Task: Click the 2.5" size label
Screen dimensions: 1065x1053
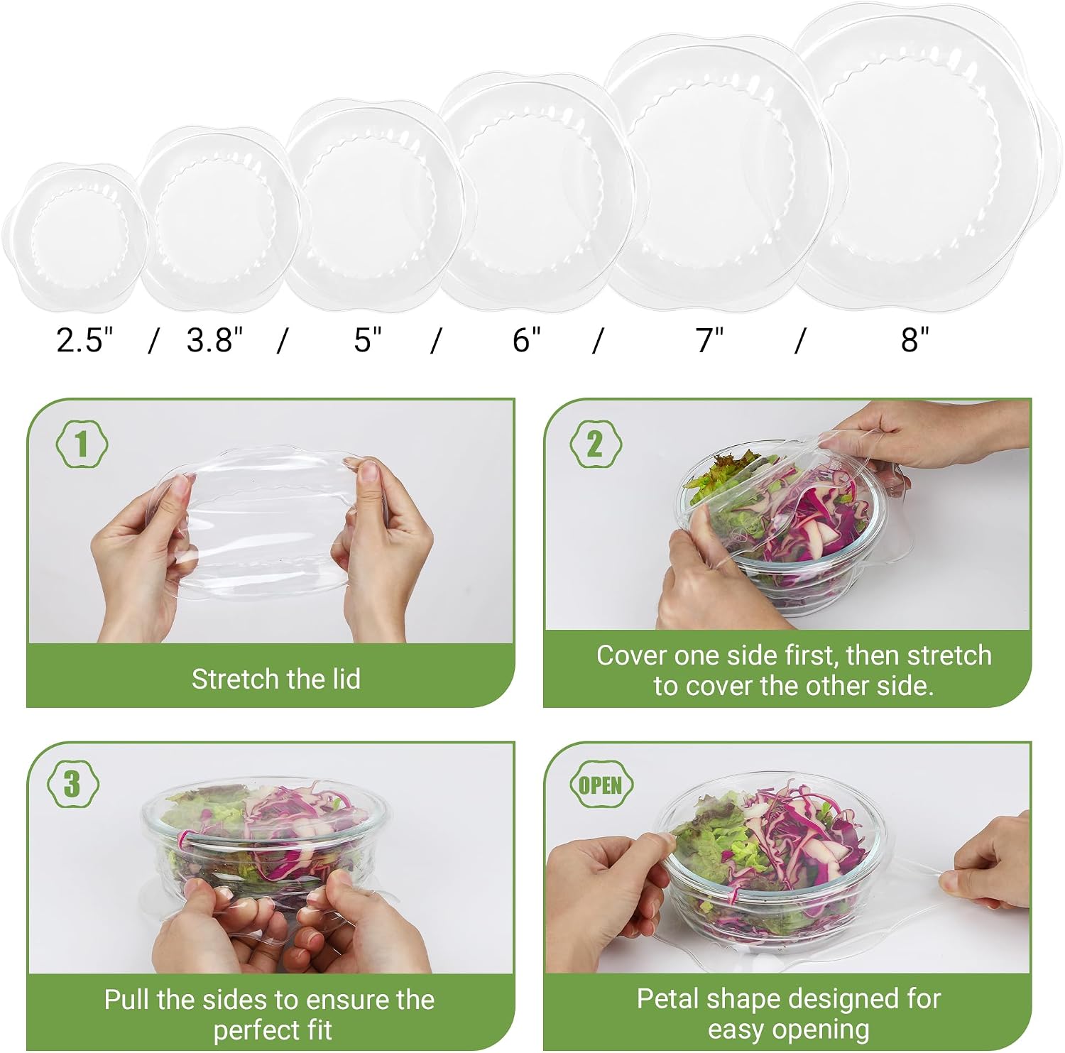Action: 85,340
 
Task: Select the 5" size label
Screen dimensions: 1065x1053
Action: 368,340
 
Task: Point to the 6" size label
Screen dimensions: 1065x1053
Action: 526,340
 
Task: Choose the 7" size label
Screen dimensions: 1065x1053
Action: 709,340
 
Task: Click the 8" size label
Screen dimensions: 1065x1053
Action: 914,340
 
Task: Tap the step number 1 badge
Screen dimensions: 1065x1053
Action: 82,444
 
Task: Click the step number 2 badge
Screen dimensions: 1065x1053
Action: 596,444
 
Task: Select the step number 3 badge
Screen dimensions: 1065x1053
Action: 72,785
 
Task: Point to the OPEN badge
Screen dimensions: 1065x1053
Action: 601,785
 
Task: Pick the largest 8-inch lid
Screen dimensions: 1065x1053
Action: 927,153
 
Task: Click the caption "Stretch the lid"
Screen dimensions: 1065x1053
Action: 276,679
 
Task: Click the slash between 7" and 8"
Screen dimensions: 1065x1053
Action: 800,340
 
